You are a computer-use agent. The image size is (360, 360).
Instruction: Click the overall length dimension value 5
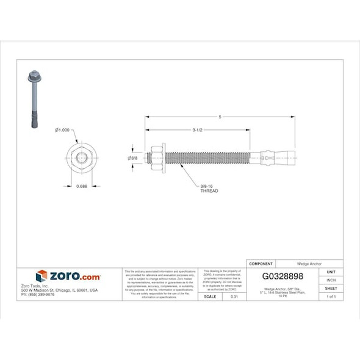point(220,117)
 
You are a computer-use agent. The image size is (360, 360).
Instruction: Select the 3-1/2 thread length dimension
point(197,129)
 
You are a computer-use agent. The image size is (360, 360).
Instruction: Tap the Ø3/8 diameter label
point(132,159)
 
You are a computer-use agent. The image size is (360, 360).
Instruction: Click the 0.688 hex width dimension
point(81,186)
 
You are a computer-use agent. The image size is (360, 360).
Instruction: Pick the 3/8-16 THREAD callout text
point(209,189)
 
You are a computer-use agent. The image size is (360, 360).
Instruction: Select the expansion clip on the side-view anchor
point(268,159)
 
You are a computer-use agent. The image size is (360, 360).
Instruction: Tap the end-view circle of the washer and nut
point(82,159)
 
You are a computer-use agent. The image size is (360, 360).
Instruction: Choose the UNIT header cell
point(331,272)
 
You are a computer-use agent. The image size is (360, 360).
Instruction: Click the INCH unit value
point(331,279)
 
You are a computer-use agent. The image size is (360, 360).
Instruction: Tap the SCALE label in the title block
point(209,297)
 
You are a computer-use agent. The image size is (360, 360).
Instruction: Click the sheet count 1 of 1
point(331,297)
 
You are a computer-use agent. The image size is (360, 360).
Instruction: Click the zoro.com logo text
point(68,276)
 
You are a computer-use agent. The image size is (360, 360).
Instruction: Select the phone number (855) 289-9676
point(38,295)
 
